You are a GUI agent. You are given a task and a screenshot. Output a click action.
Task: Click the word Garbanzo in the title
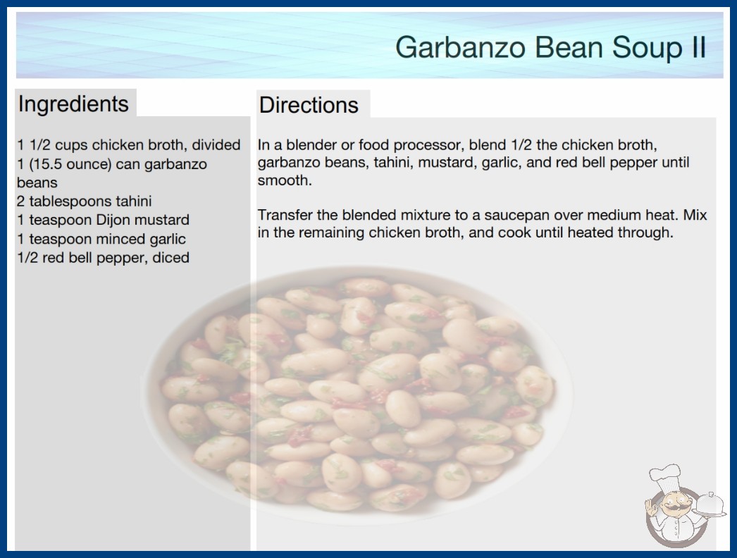pyautogui.click(x=460, y=47)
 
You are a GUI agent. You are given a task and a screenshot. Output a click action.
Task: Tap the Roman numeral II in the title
pyautogui.click(x=698, y=47)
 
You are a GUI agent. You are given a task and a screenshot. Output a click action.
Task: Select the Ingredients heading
pyautogui.click(x=73, y=104)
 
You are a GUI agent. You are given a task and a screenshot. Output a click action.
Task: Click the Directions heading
pyautogui.click(x=309, y=105)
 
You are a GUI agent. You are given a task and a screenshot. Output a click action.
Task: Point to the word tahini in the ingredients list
pyautogui.click(x=133, y=201)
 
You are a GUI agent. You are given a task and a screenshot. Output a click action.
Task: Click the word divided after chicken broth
pyautogui.click(x=216, y=145)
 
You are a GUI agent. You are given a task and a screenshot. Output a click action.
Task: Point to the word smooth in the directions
pyautogui.click(x=283, y=180)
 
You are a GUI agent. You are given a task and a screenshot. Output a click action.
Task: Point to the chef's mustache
pyautogui.click(x=674, y=507)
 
